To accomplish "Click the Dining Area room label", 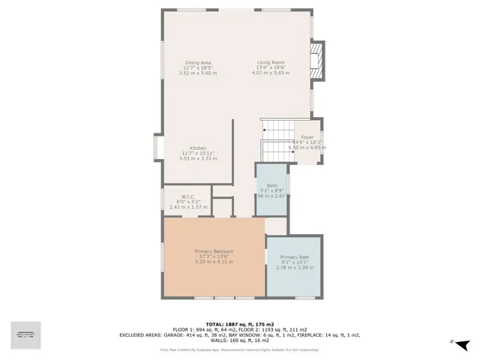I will (199, 62).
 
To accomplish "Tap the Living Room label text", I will (270, 62).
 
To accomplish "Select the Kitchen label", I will (198, 148).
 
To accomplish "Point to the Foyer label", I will (307, 137).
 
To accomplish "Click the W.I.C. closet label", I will (188, 196).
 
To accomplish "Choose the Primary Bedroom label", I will (214, 250).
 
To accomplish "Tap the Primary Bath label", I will (294, 257).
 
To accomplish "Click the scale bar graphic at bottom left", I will (26, 334).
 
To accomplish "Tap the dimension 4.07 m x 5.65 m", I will (270, 73).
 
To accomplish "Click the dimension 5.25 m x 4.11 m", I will (214, 261).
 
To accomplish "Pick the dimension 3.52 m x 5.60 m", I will (199, 73).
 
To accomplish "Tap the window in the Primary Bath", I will (304, 298).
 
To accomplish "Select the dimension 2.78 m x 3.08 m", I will (294, 268).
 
